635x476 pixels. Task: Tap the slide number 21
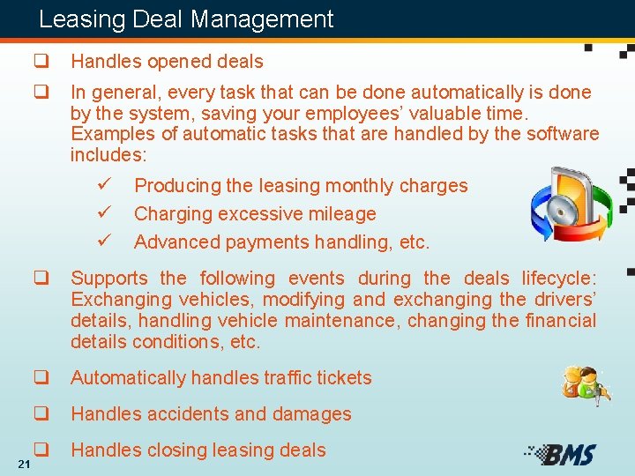24,465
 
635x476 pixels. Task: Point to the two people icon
586,386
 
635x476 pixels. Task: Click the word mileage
341,213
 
